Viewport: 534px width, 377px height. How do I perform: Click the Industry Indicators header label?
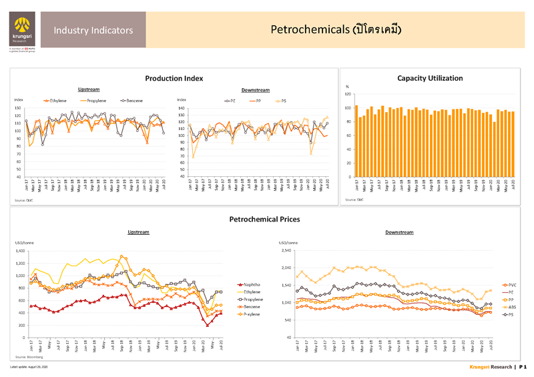tap(93, 30)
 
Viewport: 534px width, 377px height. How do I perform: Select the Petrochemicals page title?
tap(336, 29)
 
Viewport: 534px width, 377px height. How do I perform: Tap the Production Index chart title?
tap(174, 78)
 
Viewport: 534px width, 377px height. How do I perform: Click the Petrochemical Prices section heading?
tap(264, 218)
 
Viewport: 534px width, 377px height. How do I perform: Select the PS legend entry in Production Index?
tap(281, 100)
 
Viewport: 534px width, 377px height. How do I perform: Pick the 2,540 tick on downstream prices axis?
tap(286, 251)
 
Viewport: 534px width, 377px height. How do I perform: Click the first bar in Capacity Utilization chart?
tap(356, 141)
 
